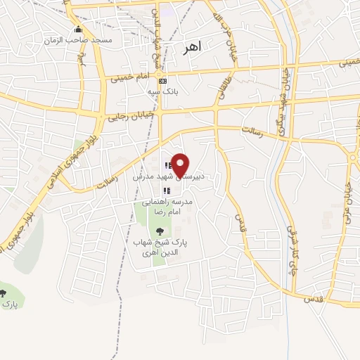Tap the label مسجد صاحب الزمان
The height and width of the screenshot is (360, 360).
click(78, 41)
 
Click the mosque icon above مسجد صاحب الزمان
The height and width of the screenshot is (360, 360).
click(78, 30)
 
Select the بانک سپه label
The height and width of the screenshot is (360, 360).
click(160, 91)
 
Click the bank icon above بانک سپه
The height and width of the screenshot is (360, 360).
click(162, 81)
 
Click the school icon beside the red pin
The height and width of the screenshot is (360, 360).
click(168, 167)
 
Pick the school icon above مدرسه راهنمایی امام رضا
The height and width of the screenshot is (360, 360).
click(166, 191)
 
